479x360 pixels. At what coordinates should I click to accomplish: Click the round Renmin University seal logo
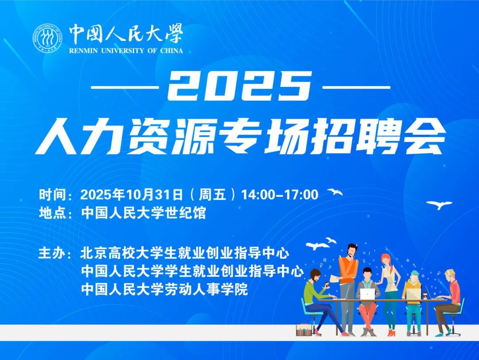pos(47,38)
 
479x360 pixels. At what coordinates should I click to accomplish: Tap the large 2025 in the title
pos(239,86)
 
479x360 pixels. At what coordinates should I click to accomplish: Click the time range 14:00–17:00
pos(280,195)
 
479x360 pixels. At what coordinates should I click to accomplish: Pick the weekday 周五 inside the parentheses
pos(212,195)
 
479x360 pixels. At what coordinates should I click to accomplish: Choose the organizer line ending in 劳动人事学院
pos(165,289)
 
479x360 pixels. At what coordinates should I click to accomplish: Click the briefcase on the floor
pos(304,330)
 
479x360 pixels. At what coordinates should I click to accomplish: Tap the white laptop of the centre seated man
pos(367,294)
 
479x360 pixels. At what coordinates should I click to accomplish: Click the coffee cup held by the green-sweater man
pos(326,284)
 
